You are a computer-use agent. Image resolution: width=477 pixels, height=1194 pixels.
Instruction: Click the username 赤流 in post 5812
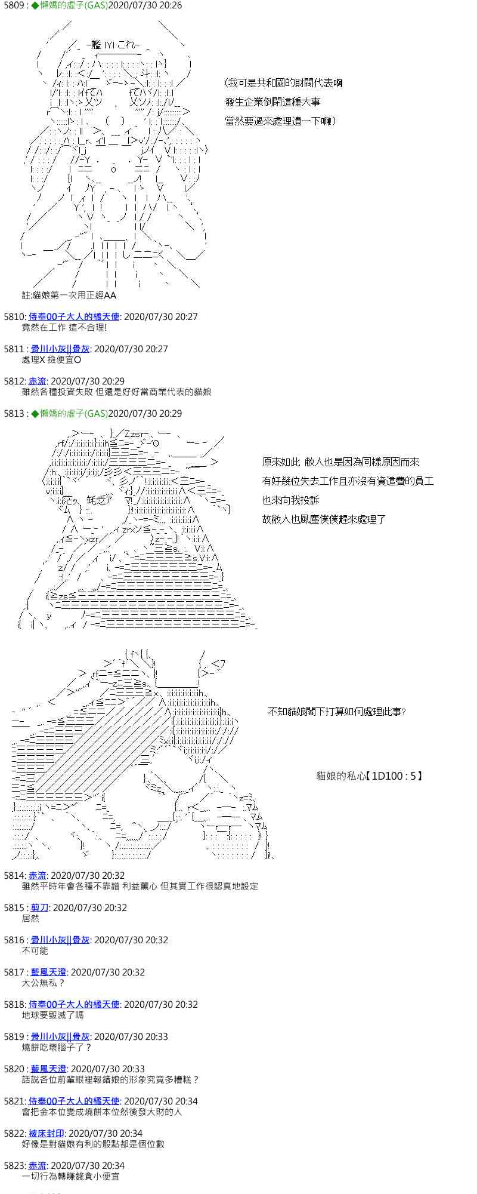pyautogui.click(x=38, y=381)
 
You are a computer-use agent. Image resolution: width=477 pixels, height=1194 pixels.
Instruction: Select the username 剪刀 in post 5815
pyautogui.click(x=39, y=907)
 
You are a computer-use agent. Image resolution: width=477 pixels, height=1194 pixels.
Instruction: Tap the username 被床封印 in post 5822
pyautogui.click(x=47, y=1133)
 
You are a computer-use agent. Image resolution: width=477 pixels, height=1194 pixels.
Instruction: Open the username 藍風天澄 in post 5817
pyautogui.click(x=48, y=972)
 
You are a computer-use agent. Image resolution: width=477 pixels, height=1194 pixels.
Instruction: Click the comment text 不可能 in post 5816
pyautogui.click(x=35, y=950)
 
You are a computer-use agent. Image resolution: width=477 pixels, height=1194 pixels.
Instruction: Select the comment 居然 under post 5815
pyautogui.click(x=30, y=918)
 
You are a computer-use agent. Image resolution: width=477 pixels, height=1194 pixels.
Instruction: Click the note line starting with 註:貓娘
pyautogui.click(x=69, y=295)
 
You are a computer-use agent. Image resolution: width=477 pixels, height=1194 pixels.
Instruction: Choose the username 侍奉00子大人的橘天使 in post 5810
pyautogui.click(x=74, y=316)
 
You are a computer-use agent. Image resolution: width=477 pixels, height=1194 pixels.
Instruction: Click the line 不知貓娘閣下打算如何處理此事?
pyautogui.click(x=336, y=712)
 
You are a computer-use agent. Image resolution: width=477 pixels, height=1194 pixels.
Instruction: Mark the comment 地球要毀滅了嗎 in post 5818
pyautogui.click(x=52, y=1015)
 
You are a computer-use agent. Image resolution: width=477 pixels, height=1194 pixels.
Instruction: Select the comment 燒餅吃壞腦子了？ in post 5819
pyautogui.click(x=57, y=1047)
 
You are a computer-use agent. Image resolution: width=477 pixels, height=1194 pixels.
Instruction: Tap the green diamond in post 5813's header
pyautogui.click(x=35, y=413)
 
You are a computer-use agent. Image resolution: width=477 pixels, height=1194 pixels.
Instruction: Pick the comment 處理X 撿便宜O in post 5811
pyautogui.click(x=51, y=359)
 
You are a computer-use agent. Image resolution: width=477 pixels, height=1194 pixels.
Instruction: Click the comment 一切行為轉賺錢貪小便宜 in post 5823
pyautogui.click(x=70, y=1176)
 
